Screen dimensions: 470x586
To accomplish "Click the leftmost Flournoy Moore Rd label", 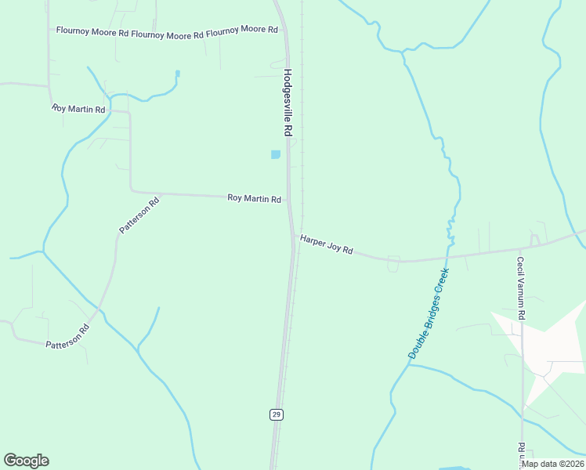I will [x=92, y=32].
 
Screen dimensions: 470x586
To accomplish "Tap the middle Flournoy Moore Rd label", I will [x=168, y=34].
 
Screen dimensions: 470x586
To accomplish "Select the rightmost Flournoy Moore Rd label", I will [x=242, y=30].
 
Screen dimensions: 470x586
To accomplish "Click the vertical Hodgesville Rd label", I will [x=288, y=103].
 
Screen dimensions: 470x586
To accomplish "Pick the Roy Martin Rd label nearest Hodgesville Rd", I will [x=254, y=199].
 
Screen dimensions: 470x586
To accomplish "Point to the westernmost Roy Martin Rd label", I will [x=78, y=109].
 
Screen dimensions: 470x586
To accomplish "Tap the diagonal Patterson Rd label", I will [x=139, y=215].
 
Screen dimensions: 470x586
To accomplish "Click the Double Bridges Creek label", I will [x=429, y=313].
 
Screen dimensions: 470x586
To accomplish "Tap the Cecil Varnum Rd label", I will [x=520, y=288].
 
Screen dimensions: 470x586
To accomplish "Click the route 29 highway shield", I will [x=276, y=414].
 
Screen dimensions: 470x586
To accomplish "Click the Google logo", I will [x=27, y=461].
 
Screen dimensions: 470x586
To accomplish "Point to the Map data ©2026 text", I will [x=552, y=464].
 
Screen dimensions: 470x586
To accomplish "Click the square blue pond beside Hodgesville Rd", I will [x=275, y=154].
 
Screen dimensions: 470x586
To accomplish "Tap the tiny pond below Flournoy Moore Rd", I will [x=178, y=74].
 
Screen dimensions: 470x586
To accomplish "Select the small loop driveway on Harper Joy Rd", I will [x=393, y=265].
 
